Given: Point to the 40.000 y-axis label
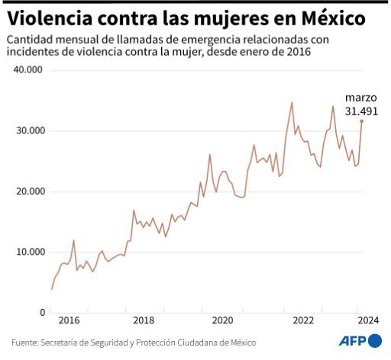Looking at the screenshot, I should pyautogui.click(x=29, y=70).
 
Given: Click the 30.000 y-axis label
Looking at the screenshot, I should pyautogui.click(x=29, y=130).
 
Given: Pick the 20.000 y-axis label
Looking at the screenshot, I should pyautogui.click(x=29, y=191).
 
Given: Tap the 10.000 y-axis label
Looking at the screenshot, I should pyautogui.click(x=29, y=252).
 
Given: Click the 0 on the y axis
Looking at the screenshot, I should pyautogui.click(x=42, y=313).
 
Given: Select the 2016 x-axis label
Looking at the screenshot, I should pyautogui.click(x=69, y=320).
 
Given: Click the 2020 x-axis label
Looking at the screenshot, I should pyautogui.click(x=222, y=320).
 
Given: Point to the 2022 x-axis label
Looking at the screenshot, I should pyautogui.click(x=303, y=320).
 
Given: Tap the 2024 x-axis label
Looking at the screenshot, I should pyautogui.click(x=367, y=320).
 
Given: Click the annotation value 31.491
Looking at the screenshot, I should pyautogui.click(x=361, y=111).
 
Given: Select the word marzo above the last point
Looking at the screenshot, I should pyautogui.click(x=361, y=98).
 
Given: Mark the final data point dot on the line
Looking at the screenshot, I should pyautogui.click(x=361, y=121).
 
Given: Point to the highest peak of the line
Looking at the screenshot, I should pyautogui.click(x=292, y=102).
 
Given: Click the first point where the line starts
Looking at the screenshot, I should pyautogui.click(x=51, y=289).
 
